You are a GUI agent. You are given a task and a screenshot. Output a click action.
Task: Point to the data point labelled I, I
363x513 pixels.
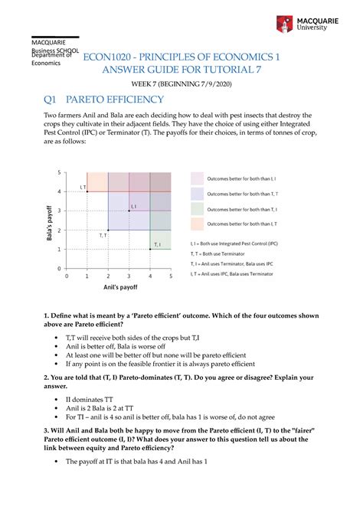[x=129, y=210]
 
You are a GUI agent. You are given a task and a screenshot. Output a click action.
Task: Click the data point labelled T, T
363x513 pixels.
[x=108, y=230]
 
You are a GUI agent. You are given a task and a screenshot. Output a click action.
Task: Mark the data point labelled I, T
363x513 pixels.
[x=87, y=191]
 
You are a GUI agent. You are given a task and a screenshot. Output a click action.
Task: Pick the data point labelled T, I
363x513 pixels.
[x=150, y=249]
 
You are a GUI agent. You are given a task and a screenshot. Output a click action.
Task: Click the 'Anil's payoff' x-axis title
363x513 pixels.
[x=119, y=289]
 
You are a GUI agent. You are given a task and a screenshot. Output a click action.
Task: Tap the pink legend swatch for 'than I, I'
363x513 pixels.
[x=196, y=178]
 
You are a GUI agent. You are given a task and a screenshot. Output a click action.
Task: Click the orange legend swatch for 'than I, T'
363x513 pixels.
[x=196, y=224]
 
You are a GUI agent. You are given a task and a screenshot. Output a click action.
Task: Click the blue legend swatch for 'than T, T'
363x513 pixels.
[x=196, y=193]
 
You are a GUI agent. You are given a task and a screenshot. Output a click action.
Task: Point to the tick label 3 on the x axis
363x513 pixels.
[x=129, y=276]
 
